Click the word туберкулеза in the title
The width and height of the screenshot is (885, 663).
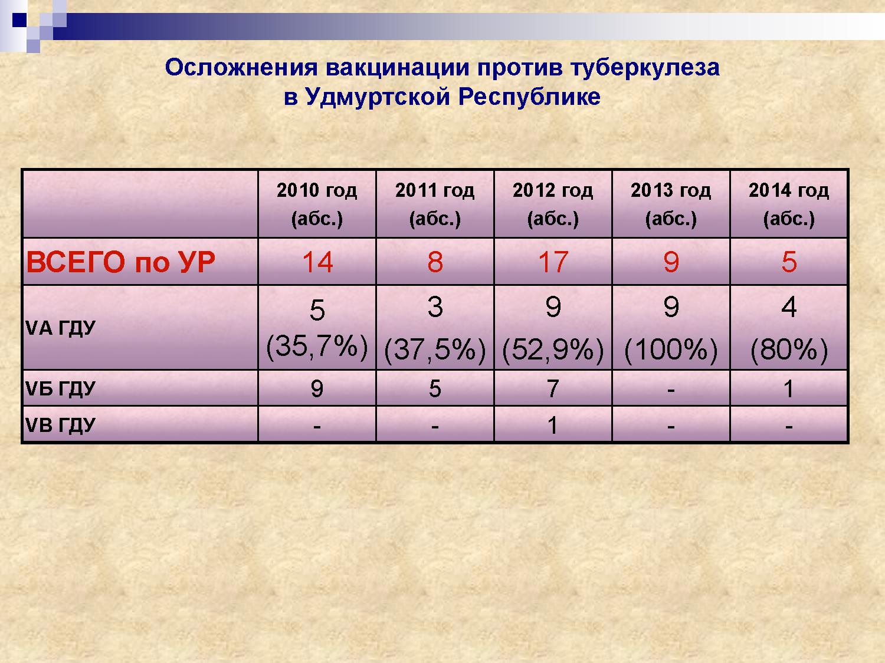pyautogui.click(x=645, y=68)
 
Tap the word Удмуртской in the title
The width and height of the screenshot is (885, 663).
pyautogui.click(x=378, y=97)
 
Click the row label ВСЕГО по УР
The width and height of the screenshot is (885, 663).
pyautogui.click(x=120, y=262)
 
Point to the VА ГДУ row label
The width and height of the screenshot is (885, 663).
pyautogui.click(x=60, y=328)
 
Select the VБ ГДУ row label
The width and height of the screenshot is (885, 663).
pyautogui.click(x=60, y=388)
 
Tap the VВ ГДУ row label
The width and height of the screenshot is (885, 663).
pyautogui.click(x=60, y=425)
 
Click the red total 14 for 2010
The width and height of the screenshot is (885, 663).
pyautogui.click(x=317, y=262)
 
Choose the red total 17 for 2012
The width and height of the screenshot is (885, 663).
pyautogui.click(x=553, y=262)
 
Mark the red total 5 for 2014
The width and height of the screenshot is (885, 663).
pyautogui.click(x=789, y=262)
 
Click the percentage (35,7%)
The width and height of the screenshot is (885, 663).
pyautogui.click(x=317, y=346)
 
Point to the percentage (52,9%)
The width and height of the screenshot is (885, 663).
pyautogui.click(x=553, y=349)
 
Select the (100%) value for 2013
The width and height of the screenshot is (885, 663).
pyautogui.click(x=671, y=349)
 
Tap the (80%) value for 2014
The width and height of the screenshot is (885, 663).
pyautogui.click(x=789, y=349)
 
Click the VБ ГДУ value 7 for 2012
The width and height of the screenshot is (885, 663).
pyautogui.click(x=553, y=389)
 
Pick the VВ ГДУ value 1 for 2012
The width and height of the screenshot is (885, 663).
pyautogui.click(x=553, y=425)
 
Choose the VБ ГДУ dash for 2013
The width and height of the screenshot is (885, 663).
pyautogui.click(x=671, y=390)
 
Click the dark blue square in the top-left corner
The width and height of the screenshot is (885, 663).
pyautogui.click(x=19, y=19)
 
